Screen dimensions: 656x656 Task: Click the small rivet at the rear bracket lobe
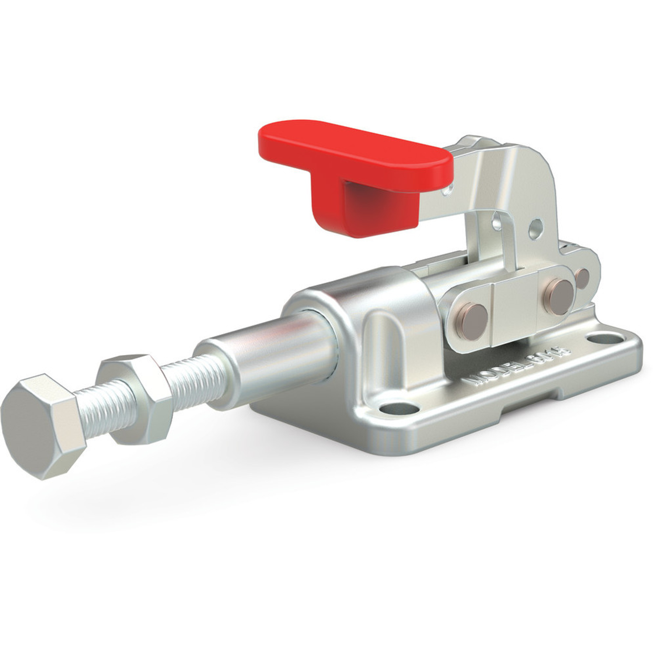pyautogui.click(x=583, y=276)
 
